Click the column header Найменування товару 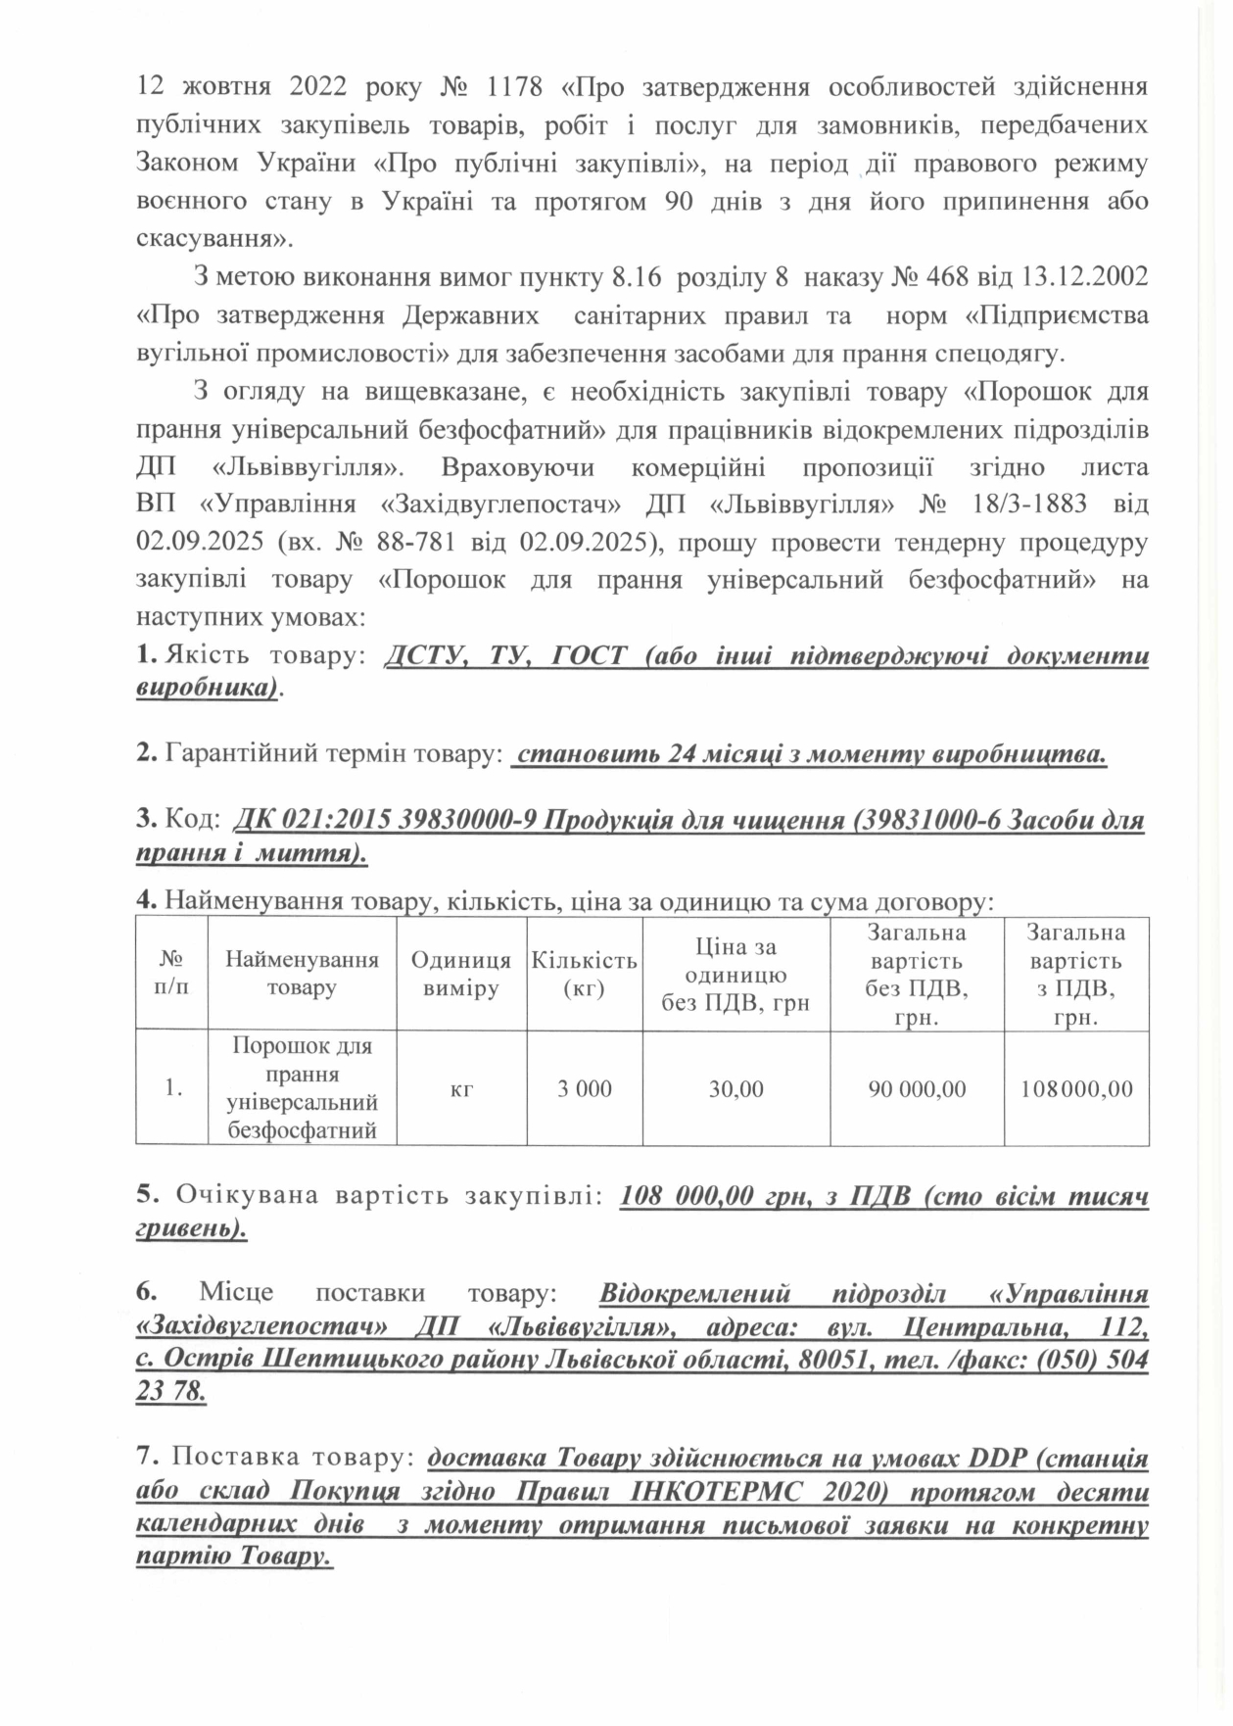(x=302, y=973)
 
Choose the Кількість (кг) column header (x=584, y=973)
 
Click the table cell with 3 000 (x=584, y=1088)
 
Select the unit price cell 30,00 (x=736, y=1088)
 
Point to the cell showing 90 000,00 (x=918, y=1088)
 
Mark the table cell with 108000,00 (x=1076, y=1088)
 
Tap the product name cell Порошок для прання (x=302, y=1087)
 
